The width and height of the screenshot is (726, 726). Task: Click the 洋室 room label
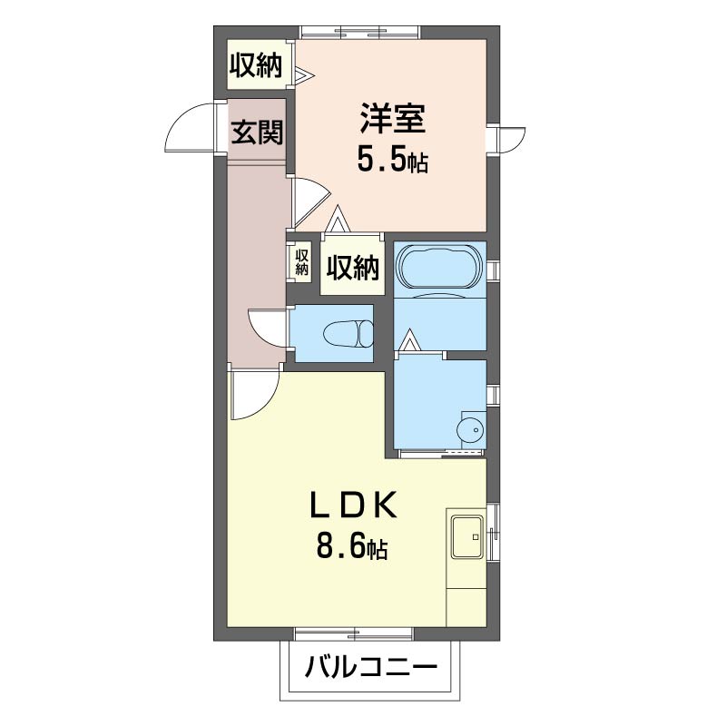pyautogui.click(x=393, y=119)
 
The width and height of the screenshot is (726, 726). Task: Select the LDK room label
pyautogui.click(x=354, y=505)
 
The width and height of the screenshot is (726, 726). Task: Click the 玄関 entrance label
pyautogui.click(x=257, y=132)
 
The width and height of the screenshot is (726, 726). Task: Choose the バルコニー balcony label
pyautogui.click(x=371, y=667)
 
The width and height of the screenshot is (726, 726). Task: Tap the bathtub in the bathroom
pyautogui.click(x=440, y=267)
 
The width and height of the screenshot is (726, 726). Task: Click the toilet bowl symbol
pyautogui.click(x=348, y=333)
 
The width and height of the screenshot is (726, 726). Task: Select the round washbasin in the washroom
pyautogui.click(x=470, y=430)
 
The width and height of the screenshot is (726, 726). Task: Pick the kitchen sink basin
pyautogui.click(x=467, y=536)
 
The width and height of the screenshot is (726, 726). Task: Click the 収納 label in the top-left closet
pyautogui.click(x=256, y=65)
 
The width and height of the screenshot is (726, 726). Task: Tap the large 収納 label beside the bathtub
pyautogui.click(x=353, y=268)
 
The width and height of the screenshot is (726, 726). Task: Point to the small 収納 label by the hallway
pyautogui.click(x=302, y=262)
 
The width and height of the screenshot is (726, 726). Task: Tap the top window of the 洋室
pyautogui.click(x=359, y=33)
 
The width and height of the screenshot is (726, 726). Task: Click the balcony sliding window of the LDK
pyautogui.click(x=353, y=633)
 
